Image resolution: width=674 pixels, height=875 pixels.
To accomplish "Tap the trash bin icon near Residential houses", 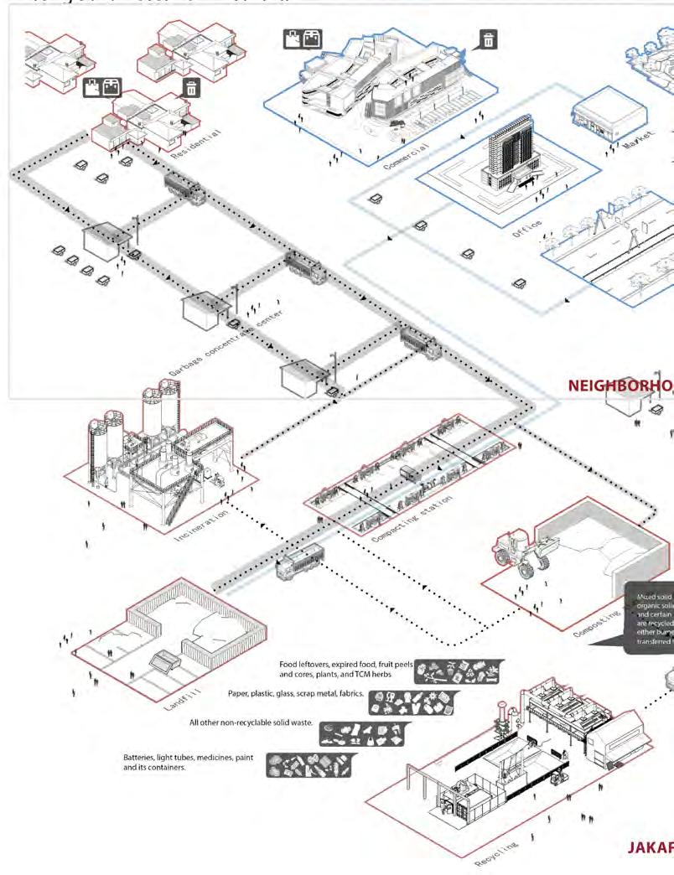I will [x=191, y=87].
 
